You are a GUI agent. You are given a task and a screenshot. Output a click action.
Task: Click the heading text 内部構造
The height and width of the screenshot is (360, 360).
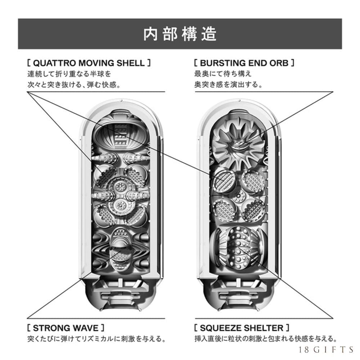coord(180,34)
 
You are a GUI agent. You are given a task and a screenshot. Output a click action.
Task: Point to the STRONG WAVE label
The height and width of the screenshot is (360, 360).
coord(66,328)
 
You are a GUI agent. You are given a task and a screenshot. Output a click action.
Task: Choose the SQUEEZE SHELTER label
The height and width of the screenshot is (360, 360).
coord(241,328)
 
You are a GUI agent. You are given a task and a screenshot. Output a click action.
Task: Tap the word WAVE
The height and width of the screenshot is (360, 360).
coord(85,328)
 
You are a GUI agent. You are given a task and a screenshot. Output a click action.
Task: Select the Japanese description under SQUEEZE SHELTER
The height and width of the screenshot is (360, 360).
coord(265,339)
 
